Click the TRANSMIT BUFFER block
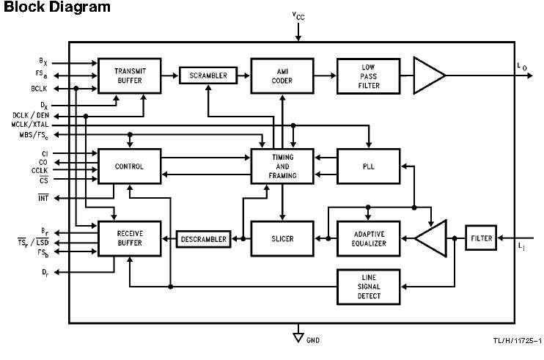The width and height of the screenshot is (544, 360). tap(130, 76)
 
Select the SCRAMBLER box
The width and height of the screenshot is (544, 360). tap(208, 76)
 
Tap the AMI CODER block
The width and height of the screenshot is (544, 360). tap(282, 76)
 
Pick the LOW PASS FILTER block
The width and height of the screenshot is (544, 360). tap(368, 76)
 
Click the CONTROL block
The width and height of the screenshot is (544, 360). tap(130, 166)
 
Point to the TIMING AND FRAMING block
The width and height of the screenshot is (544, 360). tap(282, 166)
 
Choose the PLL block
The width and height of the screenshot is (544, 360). tap(368, 166)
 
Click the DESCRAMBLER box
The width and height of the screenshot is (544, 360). tap(203, 239)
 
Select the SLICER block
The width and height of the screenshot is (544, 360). tap(282, 238)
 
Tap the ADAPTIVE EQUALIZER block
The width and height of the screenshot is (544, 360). tap(368, 238)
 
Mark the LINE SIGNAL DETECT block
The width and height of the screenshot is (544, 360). tap(368, 287)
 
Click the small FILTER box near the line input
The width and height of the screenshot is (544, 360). tap(481, 238)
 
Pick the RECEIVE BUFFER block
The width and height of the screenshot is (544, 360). tap(130, 238)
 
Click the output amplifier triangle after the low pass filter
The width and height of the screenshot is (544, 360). tap(429, 76)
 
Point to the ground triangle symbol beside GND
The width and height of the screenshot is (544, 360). tap(298, 337)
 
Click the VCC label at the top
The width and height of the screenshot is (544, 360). tap(298, 15)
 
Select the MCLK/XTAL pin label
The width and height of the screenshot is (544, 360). tap(30, 125)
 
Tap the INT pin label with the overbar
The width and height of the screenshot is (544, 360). tap(43, 198)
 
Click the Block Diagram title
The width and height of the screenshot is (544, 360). tap(57, 7)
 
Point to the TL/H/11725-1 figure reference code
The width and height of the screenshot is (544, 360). tap(517, 341)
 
